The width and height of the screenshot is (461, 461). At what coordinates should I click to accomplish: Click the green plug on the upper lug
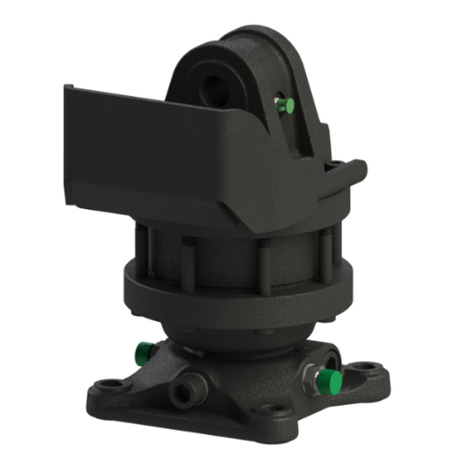coord(287,106)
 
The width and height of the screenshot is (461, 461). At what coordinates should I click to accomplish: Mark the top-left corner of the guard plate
coord(65,87)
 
